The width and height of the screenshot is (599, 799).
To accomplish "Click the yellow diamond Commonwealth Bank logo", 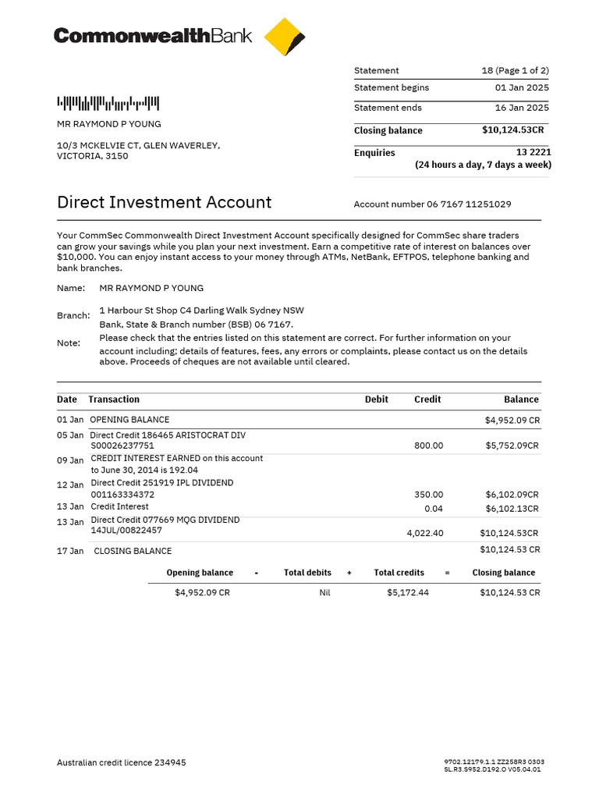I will pyautogui.click(x=285, y=37).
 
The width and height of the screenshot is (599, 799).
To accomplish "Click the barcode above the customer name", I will pyautogui.click(x=108, y=103).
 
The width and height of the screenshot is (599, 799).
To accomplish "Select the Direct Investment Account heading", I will pyautogui.click(x=164, y=203).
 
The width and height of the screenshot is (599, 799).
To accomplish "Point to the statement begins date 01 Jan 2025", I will pyautogui.click(x=522, y=88).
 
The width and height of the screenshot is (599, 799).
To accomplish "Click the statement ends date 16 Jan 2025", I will pyautogui.click(x=522, y=108).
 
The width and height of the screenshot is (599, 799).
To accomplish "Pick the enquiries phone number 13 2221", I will pyautogui.click(x=533, y=153).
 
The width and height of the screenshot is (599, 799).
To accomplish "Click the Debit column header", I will pyautogui.click(x=376, y=399).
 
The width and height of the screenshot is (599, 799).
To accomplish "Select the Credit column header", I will pyautogui.click(x=427, y=399).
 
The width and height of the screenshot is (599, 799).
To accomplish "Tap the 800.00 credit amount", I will pyautogui.click(x=428, y=446).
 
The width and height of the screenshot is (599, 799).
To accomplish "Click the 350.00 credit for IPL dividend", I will pyautogui.click(x=428, y=495).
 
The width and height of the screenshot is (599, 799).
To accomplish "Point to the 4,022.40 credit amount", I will pyautogui.click(x=425, y=534).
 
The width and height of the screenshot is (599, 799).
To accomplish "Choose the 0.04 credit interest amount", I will pyautogui.click(x=433, y=509).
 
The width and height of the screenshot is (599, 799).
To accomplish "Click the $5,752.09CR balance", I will pyautogui.click(x=512, y=446).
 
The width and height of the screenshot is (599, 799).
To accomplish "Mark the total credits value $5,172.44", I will pyautogui.click(x=408, y=593).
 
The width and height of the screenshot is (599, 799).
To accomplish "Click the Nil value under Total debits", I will pyautogui.click(x=324, y=593).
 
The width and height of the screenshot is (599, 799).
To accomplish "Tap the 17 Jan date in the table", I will pyautogui.click(x=70, y=551).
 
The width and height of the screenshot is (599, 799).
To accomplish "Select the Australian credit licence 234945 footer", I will pyautogui.click(x=122, y=763).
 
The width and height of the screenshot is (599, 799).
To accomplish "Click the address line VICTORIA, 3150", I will pyautogui.click(x=93, y=156).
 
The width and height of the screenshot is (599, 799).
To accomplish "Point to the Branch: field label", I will pyautogui.click(x=73, y=316).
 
